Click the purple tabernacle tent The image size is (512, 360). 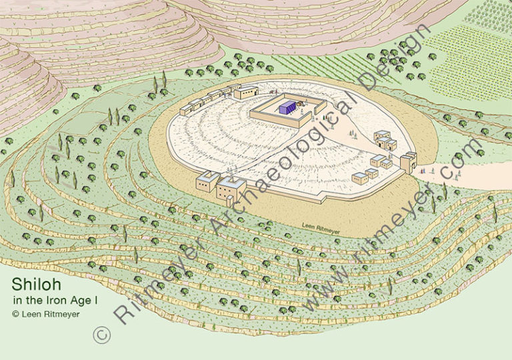coord(287,107)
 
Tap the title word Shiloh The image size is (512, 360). coord(31,283)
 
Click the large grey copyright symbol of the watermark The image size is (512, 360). coord(101,334)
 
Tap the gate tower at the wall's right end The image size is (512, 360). coord(407,162)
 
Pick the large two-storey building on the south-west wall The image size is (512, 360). coord(231,189)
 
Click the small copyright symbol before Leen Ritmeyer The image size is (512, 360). coord(15,313)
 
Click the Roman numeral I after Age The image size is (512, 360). coord(96,301)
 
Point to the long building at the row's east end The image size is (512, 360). coord(245,91)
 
